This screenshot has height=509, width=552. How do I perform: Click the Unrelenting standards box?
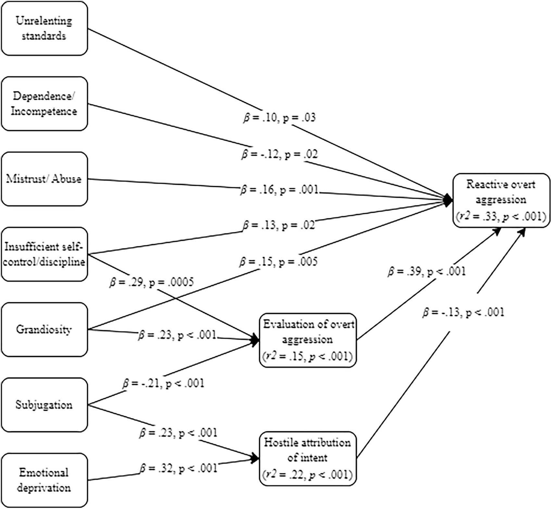click(44, 28)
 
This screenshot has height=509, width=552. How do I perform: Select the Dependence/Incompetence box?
click(44, 104)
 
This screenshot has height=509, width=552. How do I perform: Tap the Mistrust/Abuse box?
click(44, 179)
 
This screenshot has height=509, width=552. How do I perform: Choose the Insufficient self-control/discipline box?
click(44, 254)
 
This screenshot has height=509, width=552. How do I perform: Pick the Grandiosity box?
click(44, 330)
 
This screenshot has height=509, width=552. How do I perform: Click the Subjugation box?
click(44, 405)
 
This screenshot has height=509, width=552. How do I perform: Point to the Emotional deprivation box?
click(44, 480)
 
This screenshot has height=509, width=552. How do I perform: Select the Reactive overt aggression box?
click(501, 200)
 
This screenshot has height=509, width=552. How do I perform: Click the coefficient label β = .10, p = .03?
click(279, 118)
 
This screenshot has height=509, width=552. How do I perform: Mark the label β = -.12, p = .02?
click(279, 154)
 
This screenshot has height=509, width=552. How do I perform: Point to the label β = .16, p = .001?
click(279, 190)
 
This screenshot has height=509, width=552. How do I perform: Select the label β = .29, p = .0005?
click(151, 282)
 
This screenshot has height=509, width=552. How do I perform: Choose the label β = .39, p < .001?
click(426, 271)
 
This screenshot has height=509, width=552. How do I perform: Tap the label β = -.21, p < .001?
click(163, 384)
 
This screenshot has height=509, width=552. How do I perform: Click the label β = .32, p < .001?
click(178, 468)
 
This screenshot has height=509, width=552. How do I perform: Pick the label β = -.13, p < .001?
click(463, 312)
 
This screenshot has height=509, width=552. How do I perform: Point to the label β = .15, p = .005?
click(278, 262)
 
